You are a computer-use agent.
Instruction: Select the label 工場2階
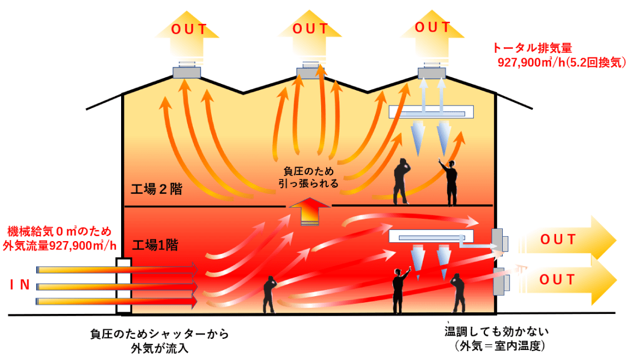coord(158,189)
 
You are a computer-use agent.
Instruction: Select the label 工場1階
coord(155,244)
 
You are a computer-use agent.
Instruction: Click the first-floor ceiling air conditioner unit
coord(431,237)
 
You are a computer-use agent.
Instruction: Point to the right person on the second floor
coord(450,181)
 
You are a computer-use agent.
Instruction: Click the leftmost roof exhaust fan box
coord(186,72)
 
